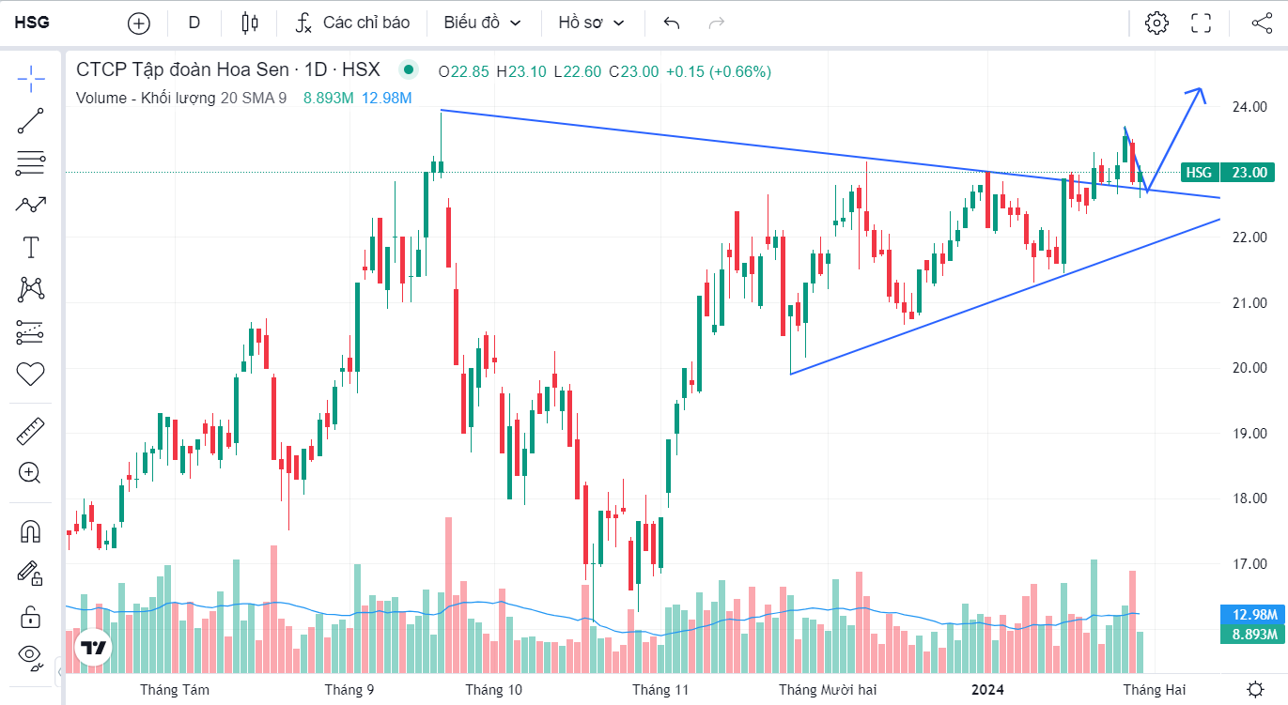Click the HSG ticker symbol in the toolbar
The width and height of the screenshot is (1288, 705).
pos(32,23)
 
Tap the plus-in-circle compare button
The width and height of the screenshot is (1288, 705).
pos(139,23)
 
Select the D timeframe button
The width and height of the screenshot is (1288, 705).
pos(194,23)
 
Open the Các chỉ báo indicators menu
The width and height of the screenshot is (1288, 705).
pos(352,23)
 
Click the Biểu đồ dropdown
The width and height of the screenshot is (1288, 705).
pos(482,23)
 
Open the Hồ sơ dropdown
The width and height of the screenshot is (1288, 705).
pos(591,23)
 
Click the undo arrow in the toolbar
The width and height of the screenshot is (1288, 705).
pos(671,23)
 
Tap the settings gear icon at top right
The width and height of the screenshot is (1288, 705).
pos(1156,23)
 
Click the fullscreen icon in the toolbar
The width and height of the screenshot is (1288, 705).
pos(1201,23)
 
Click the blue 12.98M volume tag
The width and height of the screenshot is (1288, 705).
pos(1253,615)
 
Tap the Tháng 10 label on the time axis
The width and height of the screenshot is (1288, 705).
pos(493,690)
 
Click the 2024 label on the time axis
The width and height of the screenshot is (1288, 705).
pos(987,690)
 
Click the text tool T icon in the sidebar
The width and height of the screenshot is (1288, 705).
pos(31,248)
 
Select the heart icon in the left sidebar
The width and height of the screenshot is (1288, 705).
pos(31,374)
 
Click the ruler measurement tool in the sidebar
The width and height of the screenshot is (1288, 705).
pos(31,431)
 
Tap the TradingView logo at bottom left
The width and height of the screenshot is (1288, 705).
pos(93,648)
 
